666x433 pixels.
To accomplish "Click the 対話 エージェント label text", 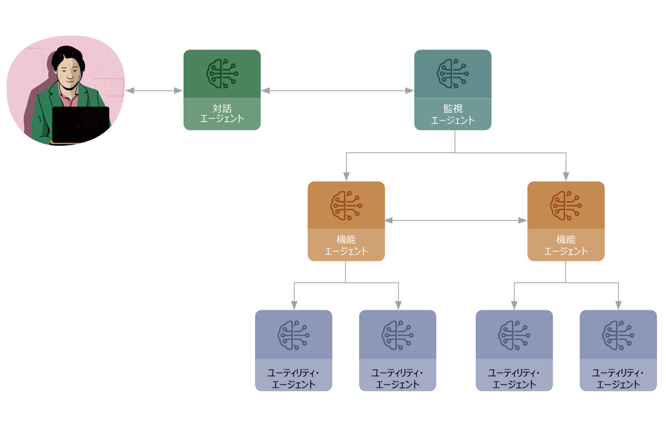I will (222, 114).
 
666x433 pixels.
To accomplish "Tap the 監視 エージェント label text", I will (453, 114).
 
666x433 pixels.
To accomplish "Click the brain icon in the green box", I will (222, 73).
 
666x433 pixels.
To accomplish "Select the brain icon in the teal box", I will (453, 73).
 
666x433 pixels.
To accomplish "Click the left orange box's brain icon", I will (346, 205).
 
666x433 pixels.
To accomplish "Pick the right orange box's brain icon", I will (566, 205).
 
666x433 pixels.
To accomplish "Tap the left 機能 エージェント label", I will (346, 245).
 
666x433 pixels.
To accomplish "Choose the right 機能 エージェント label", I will (566, 245).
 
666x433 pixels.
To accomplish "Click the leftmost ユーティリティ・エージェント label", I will (293, 379).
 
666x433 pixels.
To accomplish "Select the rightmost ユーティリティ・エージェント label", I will (618, 379).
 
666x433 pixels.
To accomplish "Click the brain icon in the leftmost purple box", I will (293, 334).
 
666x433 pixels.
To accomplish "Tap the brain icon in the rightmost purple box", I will (618, 334).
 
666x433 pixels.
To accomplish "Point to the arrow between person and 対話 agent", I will (154, 90).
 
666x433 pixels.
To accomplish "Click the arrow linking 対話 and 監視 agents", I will (337, 90).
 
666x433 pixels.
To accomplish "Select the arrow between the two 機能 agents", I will (456, 221).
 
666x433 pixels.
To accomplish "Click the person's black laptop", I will (81, 124).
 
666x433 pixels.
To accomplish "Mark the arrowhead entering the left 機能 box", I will (346, 176).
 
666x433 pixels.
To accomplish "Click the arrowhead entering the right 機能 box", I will (566, 176).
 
